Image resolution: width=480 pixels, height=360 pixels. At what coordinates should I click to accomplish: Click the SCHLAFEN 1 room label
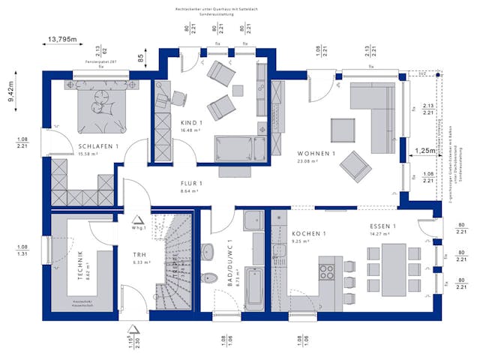(98, 146)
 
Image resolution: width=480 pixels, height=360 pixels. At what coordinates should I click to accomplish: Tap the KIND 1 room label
(191, 122)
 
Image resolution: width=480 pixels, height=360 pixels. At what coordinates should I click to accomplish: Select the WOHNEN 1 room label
(315, 154)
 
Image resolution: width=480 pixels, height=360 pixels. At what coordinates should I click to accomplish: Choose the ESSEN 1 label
(382, 226)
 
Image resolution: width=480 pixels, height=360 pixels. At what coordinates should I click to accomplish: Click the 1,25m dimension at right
(424, 151)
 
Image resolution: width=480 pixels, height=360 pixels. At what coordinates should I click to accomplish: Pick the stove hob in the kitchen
(327, 271)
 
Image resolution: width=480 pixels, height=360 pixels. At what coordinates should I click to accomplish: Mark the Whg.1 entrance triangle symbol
(138, 221)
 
